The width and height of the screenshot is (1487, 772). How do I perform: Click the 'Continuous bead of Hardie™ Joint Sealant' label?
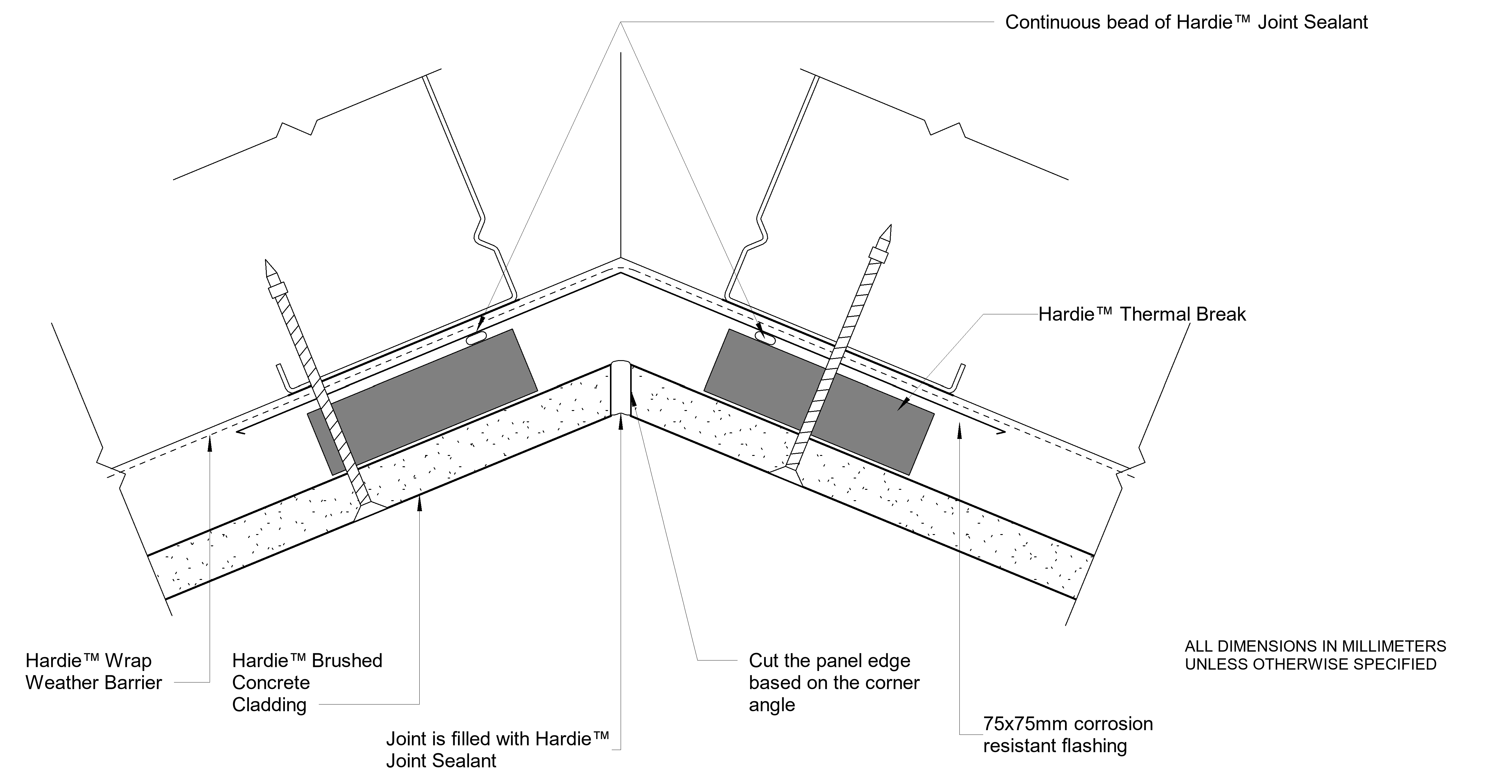pyautogui.click(x=1186, y=23)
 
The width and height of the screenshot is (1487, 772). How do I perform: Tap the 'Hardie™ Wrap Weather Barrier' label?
pyautogui.click(x=93, y=671)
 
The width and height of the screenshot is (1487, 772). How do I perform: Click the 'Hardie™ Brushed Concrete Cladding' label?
pyautogui.click(x=307, y=682)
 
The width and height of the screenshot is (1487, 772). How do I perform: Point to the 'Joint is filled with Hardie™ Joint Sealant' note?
pyautogui.click(x=498, y=749)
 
